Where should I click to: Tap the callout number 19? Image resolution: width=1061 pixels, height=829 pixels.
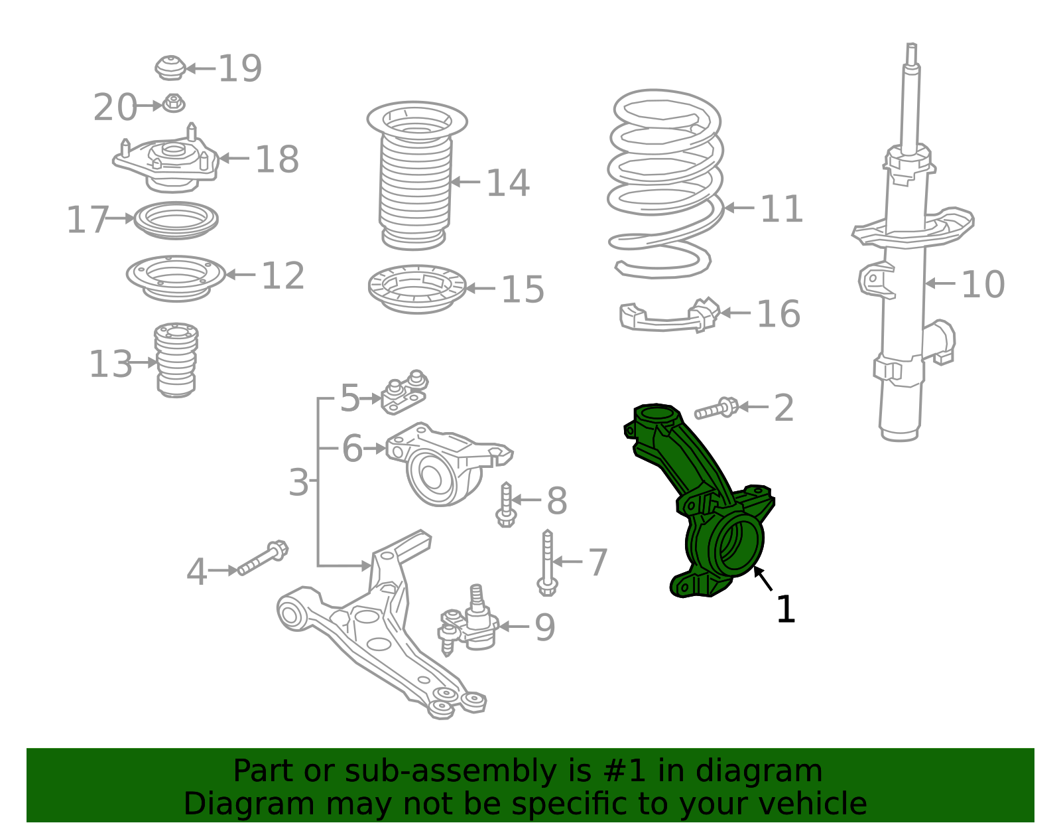[x=240, y=68]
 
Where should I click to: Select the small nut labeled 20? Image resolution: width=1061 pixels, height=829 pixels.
[x=173, y=103]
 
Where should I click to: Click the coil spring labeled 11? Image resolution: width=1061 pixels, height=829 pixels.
[x=666, y=184]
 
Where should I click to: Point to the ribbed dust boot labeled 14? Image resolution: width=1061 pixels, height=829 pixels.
[x=416, y=176]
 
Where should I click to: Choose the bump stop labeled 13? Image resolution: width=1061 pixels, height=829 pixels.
[x=176, y=360]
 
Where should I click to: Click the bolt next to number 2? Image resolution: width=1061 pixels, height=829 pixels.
[x=716, y=408]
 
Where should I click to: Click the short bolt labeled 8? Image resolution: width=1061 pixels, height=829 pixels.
[x=506, y=504]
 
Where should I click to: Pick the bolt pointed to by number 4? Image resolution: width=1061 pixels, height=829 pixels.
[x=263, y=558]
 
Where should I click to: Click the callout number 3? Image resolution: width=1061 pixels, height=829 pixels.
[x=298, y=483]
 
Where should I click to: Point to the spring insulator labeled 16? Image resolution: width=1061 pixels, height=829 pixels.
[x=669, y=315]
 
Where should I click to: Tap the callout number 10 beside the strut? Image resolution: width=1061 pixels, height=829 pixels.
[x=983, y=284]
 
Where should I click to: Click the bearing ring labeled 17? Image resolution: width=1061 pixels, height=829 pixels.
[x=176, y=220]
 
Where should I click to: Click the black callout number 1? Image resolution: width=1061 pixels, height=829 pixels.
[x=786, y=609]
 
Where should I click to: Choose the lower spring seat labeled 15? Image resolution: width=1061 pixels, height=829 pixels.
[x=418, y=289]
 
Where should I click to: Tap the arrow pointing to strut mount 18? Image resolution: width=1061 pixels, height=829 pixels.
[x=234, y=158]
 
